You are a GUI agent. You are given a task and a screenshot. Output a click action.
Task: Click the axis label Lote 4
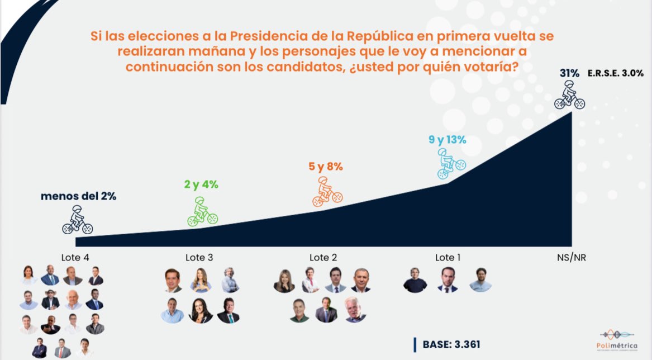pyautogui.click(x=76, y=258)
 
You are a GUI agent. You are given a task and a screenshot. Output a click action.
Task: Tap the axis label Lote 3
pyautogui.click(x=199, y=258)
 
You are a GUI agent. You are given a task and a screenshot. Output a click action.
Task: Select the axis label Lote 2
pyautogui.click(x=323, y=258)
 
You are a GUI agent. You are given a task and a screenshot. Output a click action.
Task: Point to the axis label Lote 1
pyautogui.click(x=448, y=258)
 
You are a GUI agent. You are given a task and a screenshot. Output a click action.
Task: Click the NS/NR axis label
pyautogui.click(x=571, y=258)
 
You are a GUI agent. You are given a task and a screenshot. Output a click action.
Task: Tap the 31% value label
pyautogui.click(x=569, y=73)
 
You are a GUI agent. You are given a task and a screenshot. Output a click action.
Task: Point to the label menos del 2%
pyautogui.click(x=78, y=196)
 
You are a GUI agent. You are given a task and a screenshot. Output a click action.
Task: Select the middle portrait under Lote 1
pyautogui.click(x=448, y=280)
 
